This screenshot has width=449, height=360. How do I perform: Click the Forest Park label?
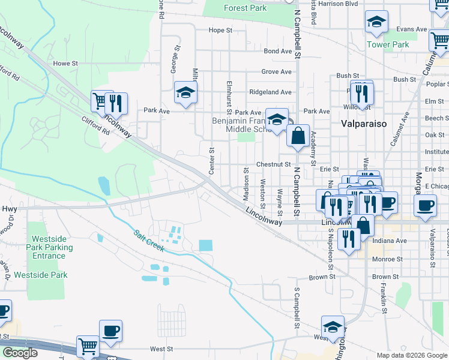point(244,8)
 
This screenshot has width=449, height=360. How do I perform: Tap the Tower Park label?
point(388,44)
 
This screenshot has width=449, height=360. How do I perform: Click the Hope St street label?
point(220,30)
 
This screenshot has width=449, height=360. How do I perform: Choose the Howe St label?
point(65,63)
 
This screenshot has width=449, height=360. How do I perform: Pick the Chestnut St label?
point(273,164)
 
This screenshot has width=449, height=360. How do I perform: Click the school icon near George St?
point(185,92)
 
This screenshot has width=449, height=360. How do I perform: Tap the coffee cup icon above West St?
point(110,330)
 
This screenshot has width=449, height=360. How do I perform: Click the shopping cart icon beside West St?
point(88,347)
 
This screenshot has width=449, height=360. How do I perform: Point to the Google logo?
point(20,353)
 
